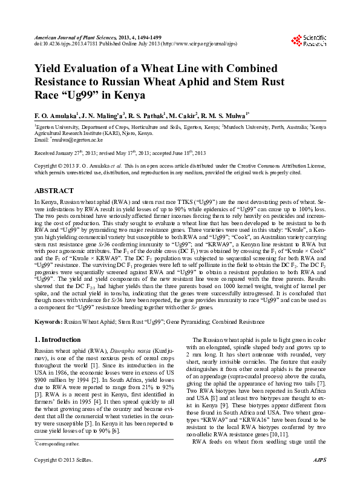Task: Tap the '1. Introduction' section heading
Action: point(57,340)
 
